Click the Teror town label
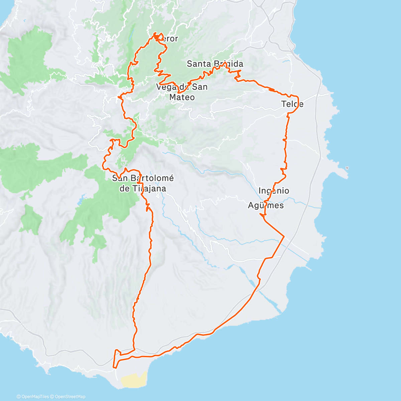[169, 39]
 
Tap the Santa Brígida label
[215, 64]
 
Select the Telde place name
[292, 104]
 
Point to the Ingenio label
[274, 191]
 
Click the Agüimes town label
[266, 205]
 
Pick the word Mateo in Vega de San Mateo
[182, 97]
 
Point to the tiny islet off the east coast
[348, 168]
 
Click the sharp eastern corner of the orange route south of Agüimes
[284, 237]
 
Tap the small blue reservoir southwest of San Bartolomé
[80, 202]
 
